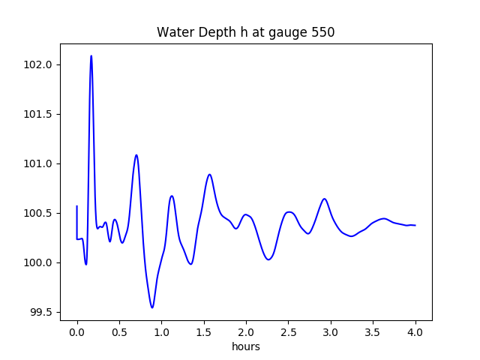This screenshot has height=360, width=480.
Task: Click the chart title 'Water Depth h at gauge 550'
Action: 245,33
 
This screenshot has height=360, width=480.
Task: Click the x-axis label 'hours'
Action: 246,346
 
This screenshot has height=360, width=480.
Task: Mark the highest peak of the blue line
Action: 91,56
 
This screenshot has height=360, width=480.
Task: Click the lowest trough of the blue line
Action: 152,307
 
